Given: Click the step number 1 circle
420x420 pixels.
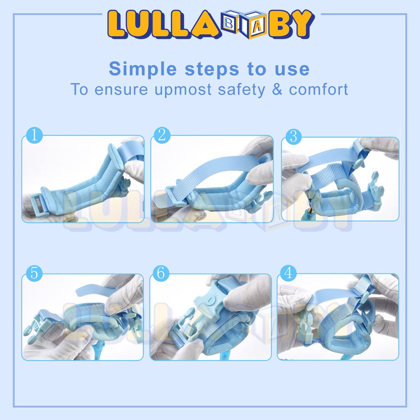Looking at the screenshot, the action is (x=34, y=135).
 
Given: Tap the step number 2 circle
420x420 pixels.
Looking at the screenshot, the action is (x=162, y=135).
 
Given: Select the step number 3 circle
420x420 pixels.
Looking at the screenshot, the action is (x=294, y=137).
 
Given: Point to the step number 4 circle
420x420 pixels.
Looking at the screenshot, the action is (x=288, y=273).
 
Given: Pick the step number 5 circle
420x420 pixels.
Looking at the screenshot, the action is (x=34, y=273).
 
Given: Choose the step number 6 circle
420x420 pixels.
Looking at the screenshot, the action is (x=161, y=273).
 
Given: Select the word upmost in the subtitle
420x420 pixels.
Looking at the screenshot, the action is (x=183, y=90).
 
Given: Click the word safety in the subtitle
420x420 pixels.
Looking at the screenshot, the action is (x=242, y=90).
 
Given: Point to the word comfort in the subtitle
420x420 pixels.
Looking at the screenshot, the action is (x=318, y=89).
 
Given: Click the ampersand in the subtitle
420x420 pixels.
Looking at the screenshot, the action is (x=277, y=89).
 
